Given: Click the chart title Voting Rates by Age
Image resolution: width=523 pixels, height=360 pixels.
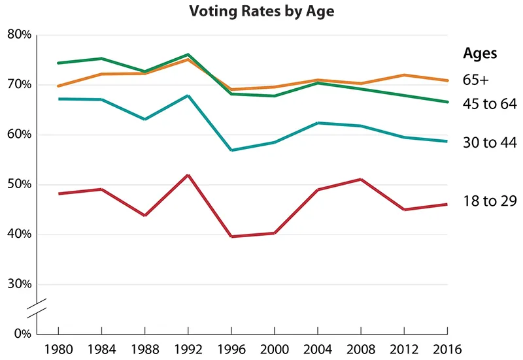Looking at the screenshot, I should tap(261, 12).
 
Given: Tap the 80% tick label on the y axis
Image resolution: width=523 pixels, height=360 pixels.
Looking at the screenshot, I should tap(19, 35).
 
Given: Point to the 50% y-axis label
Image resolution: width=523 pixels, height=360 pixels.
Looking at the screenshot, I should tap(19, 185).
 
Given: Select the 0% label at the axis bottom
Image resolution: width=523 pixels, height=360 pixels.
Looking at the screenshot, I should tap(22, 333).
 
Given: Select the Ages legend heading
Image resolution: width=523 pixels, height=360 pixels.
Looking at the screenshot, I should tap(480, 54).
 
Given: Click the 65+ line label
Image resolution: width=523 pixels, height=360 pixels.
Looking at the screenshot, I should tap(476, 80).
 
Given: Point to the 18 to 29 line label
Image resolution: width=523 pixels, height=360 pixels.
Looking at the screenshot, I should tap(490, 202).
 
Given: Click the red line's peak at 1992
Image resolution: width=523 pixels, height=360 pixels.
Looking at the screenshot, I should tap(188, 175).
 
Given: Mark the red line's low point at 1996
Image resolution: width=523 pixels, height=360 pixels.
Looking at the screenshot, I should tap(231, 237).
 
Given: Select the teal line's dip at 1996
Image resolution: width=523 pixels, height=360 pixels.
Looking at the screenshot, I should tap(231, 150).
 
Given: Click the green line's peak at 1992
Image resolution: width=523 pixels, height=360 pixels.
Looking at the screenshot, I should tap(188, 54).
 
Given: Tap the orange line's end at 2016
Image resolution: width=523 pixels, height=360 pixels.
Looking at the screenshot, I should tap(448, 80).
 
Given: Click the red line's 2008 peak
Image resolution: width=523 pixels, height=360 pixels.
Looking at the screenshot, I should tap(362, 179).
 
